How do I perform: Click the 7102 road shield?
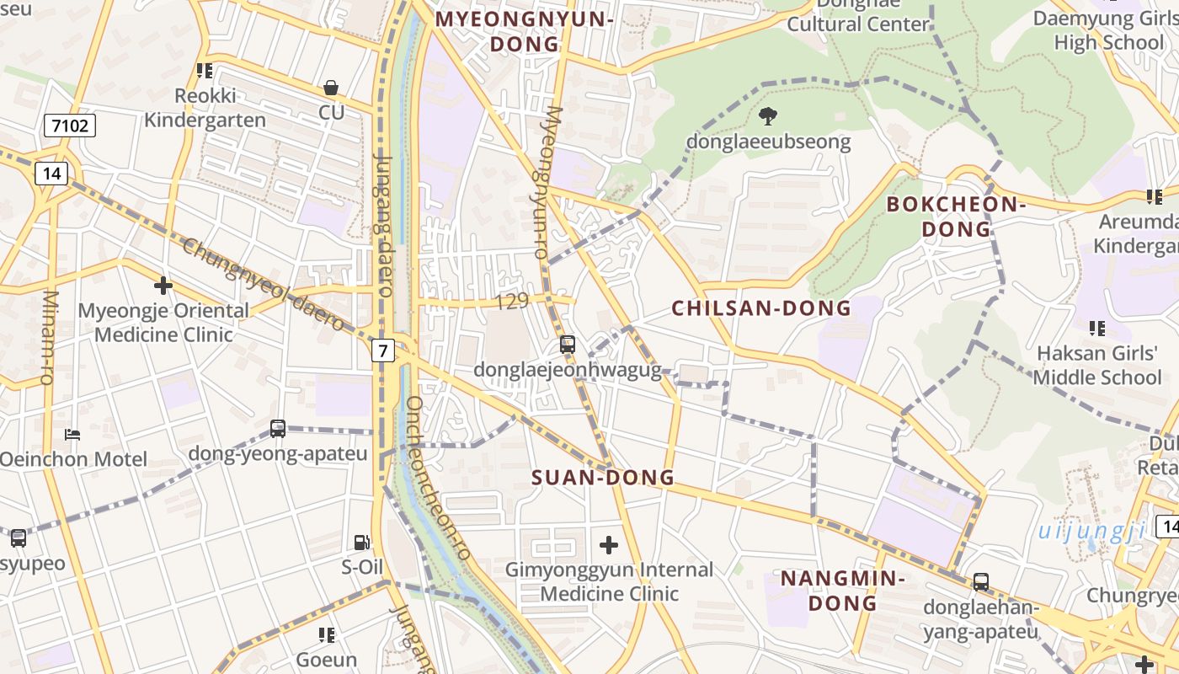click(70, 126)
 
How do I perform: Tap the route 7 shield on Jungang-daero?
click(383, 350)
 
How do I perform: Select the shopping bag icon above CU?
click(331, 88)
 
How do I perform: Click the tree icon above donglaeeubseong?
click(767, 116)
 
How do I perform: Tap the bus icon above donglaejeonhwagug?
click(568, 344)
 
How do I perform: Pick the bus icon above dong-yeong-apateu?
click(278, 428)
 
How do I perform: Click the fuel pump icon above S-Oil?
click(361, 543)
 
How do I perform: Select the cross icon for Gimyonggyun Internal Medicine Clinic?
click(608, 545)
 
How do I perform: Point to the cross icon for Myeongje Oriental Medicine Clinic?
click(163, 286)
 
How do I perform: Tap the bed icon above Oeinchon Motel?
click(73, 435)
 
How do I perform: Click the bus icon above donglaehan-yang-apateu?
click(980, 581)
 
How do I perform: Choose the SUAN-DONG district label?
click(603, 478)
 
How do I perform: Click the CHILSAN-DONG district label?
click(761, 308)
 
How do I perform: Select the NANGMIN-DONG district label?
click(842, 591)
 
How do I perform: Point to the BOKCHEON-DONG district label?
click(955, 217)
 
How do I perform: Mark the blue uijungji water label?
click(1091, 531)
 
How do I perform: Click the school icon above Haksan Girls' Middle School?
click(1096, 328)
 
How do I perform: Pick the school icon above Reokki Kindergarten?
click(204, 71)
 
